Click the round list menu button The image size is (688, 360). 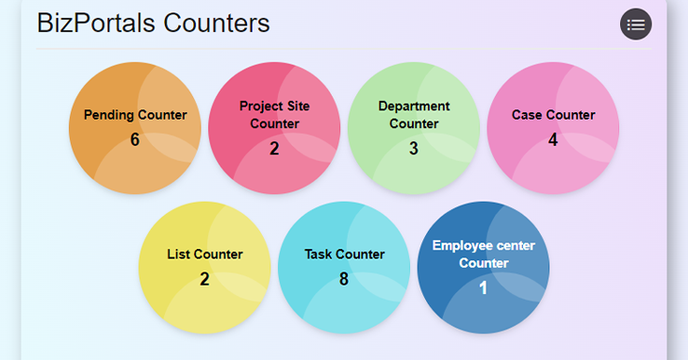click(x=636, y=25)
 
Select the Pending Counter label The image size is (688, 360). click(x=135, y=115)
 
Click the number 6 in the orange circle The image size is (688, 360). click(x=135, y=139)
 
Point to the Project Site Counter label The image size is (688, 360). click(x=274, y=115)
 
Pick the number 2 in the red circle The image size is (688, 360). click(x=274, y=148)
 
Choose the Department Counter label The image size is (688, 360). click(x=414, y=115)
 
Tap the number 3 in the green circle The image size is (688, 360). click(x=414, y=148)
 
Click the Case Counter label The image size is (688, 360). click(x=553, y=115)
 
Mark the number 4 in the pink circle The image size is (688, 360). click(x=553, y=139)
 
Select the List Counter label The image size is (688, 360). click(x=205, y=254)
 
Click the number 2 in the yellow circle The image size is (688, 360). click(x=205, y=279)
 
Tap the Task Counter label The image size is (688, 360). click(x=344, y=254)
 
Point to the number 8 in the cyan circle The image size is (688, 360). click(x=344, y=279)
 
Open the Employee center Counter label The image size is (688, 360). click(x=483, y=254)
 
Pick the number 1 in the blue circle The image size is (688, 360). click(x=483, y=287)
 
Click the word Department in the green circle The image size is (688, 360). click(x=414, y=106)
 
